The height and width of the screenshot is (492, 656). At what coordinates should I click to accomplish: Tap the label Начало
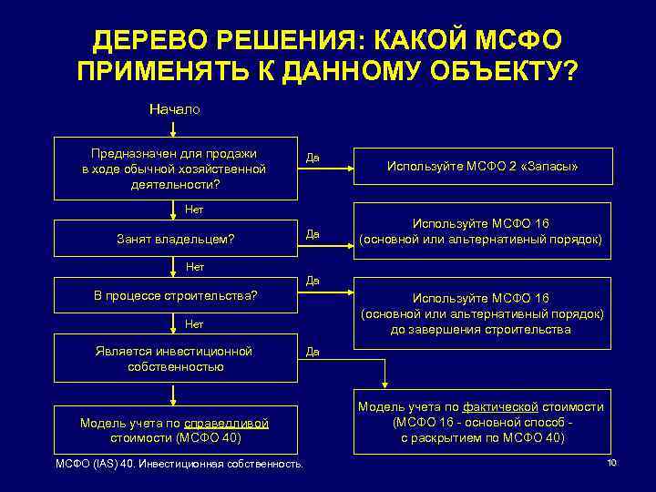tap(175, 108)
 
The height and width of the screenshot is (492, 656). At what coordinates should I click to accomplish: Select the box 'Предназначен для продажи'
tap(175, 168)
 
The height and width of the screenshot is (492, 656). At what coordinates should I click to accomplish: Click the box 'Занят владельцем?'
tap(175, 239)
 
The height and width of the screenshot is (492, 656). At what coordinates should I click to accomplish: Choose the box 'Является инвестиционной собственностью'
tap(175, 358)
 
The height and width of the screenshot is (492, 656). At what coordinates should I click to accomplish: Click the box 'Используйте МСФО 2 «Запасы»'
tap(483, 168)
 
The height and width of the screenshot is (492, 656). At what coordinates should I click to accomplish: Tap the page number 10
tap(611, 464)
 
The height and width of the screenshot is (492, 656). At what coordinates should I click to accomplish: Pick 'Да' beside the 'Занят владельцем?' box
tap(313, 234)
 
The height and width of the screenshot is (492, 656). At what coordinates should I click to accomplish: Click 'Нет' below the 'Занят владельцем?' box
tap(194, 267)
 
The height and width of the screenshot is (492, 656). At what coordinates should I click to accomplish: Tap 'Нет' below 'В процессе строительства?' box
tap(194, 323)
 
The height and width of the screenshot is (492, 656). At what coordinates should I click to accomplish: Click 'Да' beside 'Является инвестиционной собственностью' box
tap(313, 349)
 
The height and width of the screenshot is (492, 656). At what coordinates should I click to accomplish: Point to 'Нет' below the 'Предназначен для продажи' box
tap(194, 210)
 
